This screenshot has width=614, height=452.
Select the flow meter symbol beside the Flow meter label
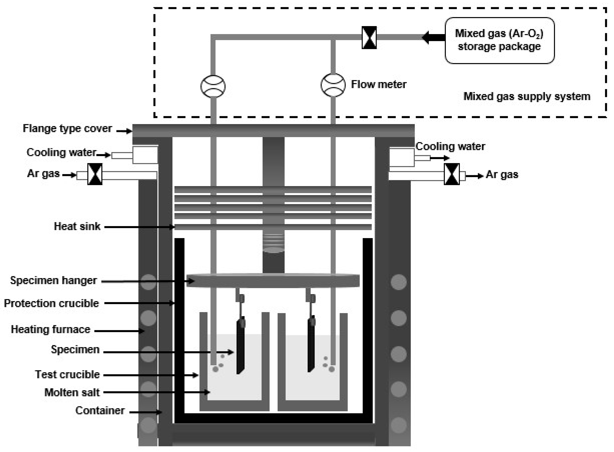tap(333, 85)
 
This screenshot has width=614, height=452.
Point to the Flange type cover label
tap(67, 128)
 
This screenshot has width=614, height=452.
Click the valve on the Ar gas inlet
tap(95, 174)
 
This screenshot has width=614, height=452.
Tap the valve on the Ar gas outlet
tap(451, 174)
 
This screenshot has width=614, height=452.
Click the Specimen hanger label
tap(53, 280)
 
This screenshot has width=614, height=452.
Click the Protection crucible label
tap(51, 303)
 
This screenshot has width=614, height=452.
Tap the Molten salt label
tap(72, 392)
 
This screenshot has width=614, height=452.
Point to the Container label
tap(100, 410)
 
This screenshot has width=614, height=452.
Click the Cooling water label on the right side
tap(450, 146)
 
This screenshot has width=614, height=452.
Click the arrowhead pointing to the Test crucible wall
tap(196, 375)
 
